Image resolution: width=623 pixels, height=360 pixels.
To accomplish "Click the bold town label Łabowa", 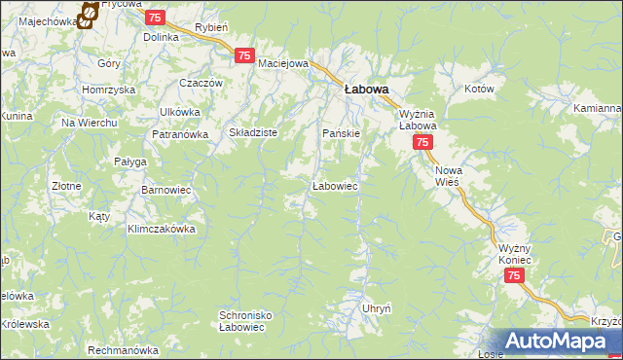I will coord(367,90).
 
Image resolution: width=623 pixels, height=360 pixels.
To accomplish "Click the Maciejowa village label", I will coord(283,64).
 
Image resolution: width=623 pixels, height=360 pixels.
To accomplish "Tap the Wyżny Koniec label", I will coord(510,254).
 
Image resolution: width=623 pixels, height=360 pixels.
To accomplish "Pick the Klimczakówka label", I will coord(162,230).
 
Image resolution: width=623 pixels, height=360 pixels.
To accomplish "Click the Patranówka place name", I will coord(179,135).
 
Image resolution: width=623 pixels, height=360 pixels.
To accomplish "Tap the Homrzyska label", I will coord(108,90).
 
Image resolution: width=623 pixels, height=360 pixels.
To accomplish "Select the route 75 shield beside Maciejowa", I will coord(244,56).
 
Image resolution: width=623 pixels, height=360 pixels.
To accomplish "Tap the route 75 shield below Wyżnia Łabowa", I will coord(421,143).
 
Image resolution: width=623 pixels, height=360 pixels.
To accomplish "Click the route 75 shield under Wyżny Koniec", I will coord(515,277).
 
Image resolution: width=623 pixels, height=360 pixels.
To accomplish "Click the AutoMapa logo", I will coord(560,342).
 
